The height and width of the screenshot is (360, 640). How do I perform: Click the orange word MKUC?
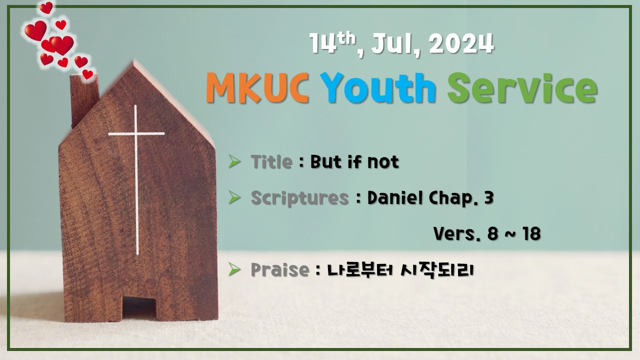tap(256, 88)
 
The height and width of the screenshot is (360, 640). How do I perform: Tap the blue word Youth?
tap(378, 88)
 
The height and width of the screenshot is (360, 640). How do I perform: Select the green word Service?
tap(521, 88)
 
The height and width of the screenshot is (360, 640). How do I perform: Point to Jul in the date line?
tap(394, 44)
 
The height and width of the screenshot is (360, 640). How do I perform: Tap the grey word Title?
tap(271, 162)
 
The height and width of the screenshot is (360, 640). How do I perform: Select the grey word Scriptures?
tap(299, 198)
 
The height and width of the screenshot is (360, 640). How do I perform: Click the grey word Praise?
tap(279, 270)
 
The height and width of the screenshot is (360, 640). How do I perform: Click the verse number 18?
tap(530, 233)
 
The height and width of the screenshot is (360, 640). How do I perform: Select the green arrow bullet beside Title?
tap(234, 161)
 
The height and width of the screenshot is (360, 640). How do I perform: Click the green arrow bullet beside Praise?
tap(234, 269)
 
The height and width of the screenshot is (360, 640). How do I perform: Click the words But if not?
tap(354, 162)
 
